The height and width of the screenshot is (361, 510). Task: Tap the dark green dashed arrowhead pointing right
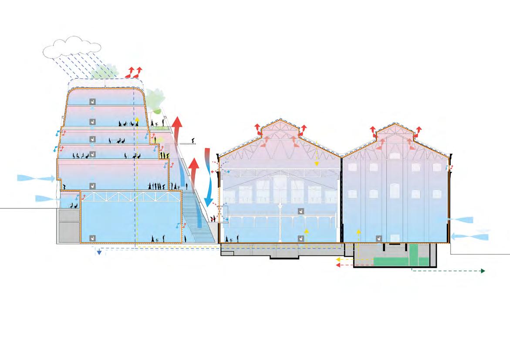(x=483, y=271)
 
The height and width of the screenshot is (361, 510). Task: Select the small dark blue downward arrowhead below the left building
(x=100, y=252)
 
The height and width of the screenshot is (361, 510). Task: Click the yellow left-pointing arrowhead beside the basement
(x=338, y=259)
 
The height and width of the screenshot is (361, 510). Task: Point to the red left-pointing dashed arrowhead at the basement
(x=338, y=265)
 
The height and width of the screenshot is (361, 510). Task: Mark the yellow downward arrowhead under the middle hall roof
(x=317, y=164)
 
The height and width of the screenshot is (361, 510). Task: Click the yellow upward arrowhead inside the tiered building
(x=137, y=118)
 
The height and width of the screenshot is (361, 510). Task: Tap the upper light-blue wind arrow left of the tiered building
(x=37, y=178)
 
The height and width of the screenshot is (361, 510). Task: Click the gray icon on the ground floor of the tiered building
(x=92, y=238)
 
